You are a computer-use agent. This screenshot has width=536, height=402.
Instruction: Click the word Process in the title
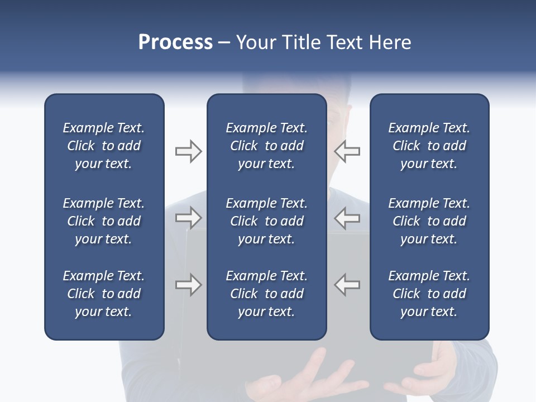(x=175, y=42)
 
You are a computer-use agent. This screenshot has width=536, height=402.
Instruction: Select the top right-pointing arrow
(x=188, y=151)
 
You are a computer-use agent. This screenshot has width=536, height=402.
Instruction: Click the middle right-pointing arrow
(x=188, y=218)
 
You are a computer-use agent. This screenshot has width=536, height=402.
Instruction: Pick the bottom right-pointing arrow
(x=188, y=285)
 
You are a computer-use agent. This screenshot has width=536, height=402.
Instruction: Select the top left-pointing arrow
(x=347, y=151)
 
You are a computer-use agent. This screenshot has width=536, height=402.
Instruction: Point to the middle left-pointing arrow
(x=347, y=218)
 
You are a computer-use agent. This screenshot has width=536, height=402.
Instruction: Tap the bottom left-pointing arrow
(x=347, y=285)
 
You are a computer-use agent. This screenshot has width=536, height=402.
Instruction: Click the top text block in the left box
(x=104, y=146)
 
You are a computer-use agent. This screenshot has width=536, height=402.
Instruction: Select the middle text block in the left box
(x=104, y=221)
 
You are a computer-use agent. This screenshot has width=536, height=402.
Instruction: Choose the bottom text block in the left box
(x=104, y=294)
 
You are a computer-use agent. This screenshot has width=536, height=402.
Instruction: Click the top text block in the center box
(x=266, y=146)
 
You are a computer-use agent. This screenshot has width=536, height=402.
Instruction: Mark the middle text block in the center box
(x=266, y=221)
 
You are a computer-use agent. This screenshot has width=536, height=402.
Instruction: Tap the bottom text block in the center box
(x=266, y=294)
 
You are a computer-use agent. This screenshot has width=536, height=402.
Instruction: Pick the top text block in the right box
(x=429, y=146)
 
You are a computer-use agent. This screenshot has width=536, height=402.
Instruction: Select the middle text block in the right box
(x=429, y=221)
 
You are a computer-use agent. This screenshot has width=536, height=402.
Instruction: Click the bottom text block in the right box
(x=429, y=294)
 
